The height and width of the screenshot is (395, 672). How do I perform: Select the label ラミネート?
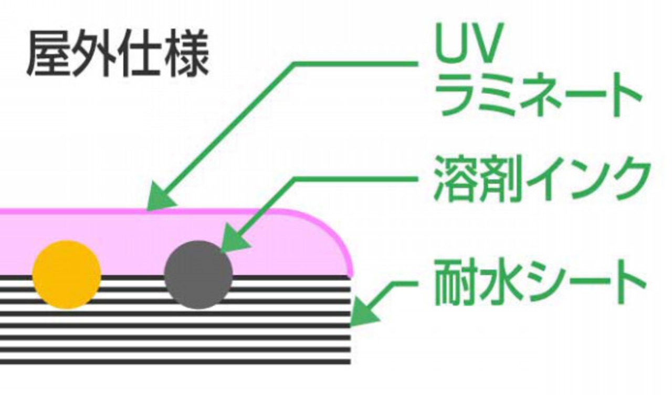[x=539, y=97]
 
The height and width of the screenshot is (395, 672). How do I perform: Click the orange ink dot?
[x=67, y=274]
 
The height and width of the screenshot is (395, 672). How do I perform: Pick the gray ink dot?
[x=198, y=274]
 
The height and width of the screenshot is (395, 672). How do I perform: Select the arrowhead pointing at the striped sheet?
[x=362, y=314]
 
